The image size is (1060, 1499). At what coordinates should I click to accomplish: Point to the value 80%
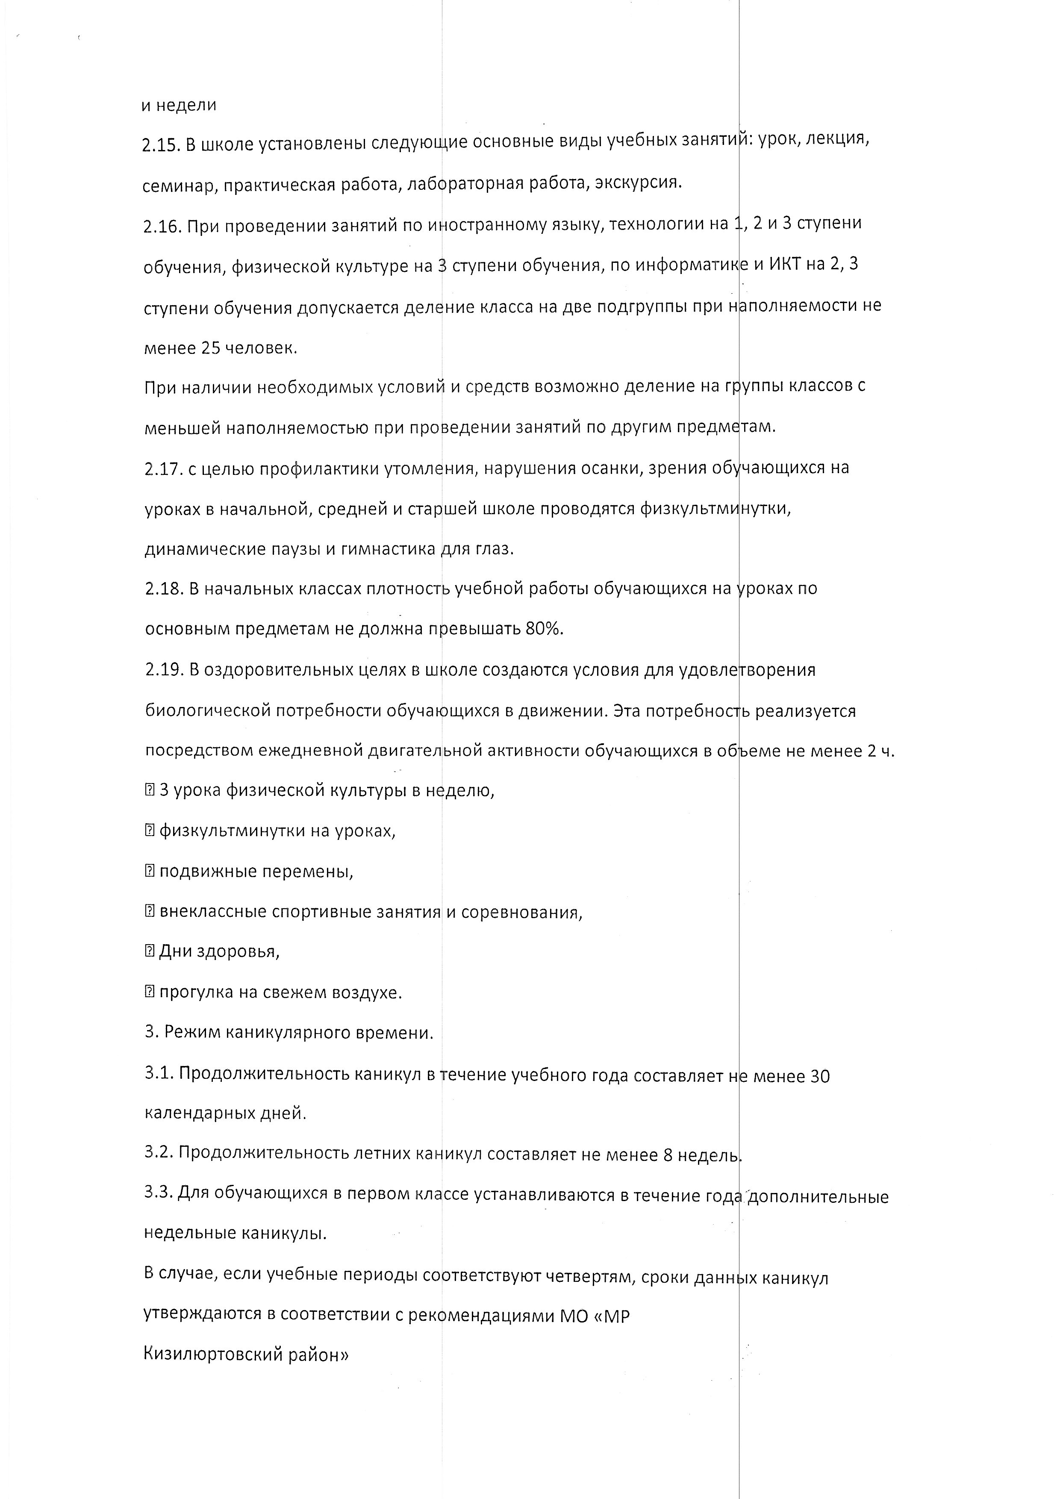(x=544, y=629)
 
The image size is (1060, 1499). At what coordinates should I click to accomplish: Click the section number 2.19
(x=164, y=671)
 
